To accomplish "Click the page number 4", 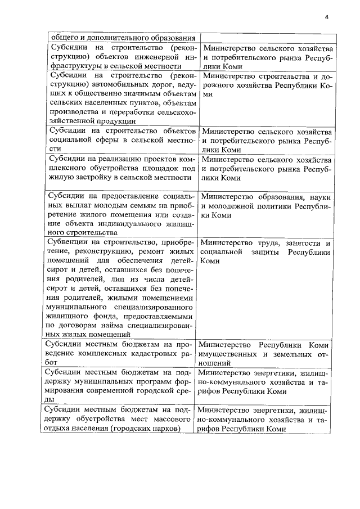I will coord(326,17).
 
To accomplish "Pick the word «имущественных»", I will coord(226,354).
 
